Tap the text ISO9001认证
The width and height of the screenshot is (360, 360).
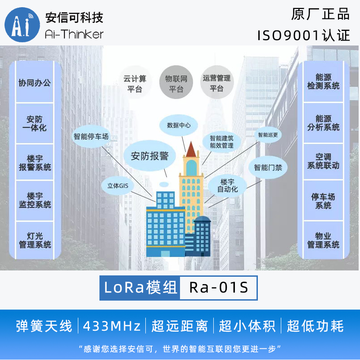click(x=304, y=36)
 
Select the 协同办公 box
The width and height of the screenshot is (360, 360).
click(x=34, y=83)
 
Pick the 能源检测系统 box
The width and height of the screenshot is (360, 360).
click(x=323, y=81)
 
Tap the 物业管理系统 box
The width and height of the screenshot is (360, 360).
click(x=323, y=240)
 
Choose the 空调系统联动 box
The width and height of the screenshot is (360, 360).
click(x=323, y=161)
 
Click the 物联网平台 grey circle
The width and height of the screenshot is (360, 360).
click(x=176, y=84)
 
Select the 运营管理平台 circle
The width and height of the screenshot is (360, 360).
click(x=217, y=83)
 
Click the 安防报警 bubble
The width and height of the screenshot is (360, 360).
click(x=150, y=156)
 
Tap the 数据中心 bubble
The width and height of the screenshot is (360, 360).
click(x=179, y=125)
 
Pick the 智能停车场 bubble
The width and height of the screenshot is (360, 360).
click(x=91, y=136)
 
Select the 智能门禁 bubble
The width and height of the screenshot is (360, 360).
click(x=268, y=167)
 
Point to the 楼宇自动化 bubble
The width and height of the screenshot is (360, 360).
click(x=227, y=185)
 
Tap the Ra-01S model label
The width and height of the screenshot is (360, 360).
click(x=219, y=288)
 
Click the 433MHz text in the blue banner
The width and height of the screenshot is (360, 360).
click(x=112, y=326)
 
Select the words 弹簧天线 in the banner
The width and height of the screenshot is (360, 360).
click(x=44, y=326)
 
